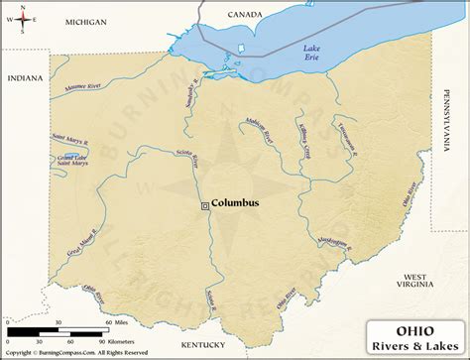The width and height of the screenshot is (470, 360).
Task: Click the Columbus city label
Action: click(236, 203)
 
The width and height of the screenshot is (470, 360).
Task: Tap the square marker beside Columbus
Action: click(205, 205)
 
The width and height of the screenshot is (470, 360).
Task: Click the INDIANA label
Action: click(26, 77)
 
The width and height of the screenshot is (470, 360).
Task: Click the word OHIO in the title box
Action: click(415, 327)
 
